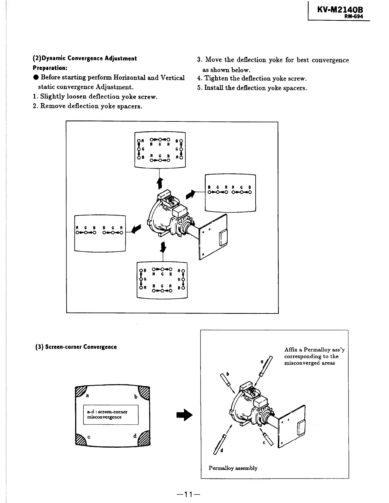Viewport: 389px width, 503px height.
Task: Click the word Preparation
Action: (x=49, y=68)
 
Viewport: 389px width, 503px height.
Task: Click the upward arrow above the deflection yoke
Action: (x=160, y=183)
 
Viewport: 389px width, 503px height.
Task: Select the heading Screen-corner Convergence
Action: (x=81, y=347)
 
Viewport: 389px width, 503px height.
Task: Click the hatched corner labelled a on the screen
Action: (x=80, y=391)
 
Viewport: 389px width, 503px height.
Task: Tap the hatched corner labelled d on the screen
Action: (x=145, y=439)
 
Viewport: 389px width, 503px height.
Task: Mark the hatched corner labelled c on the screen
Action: (x=80, y=439)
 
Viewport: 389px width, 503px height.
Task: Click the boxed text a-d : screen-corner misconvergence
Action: (x=111, y=414)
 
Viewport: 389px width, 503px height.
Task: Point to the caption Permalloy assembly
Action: (x=233, y=468)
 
